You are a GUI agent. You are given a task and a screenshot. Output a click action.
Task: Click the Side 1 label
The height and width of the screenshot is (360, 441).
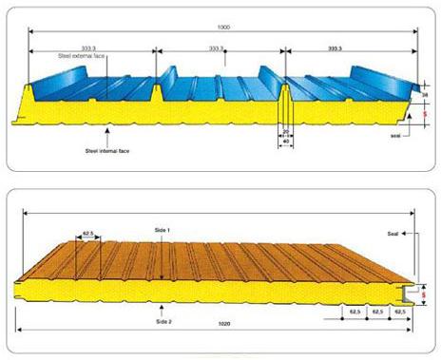pos(165,230)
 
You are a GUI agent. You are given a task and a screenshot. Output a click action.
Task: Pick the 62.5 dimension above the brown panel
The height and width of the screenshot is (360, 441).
pos(91,232)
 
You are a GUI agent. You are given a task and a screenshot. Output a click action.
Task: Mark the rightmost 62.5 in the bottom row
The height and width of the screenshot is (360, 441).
pos(399,311)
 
